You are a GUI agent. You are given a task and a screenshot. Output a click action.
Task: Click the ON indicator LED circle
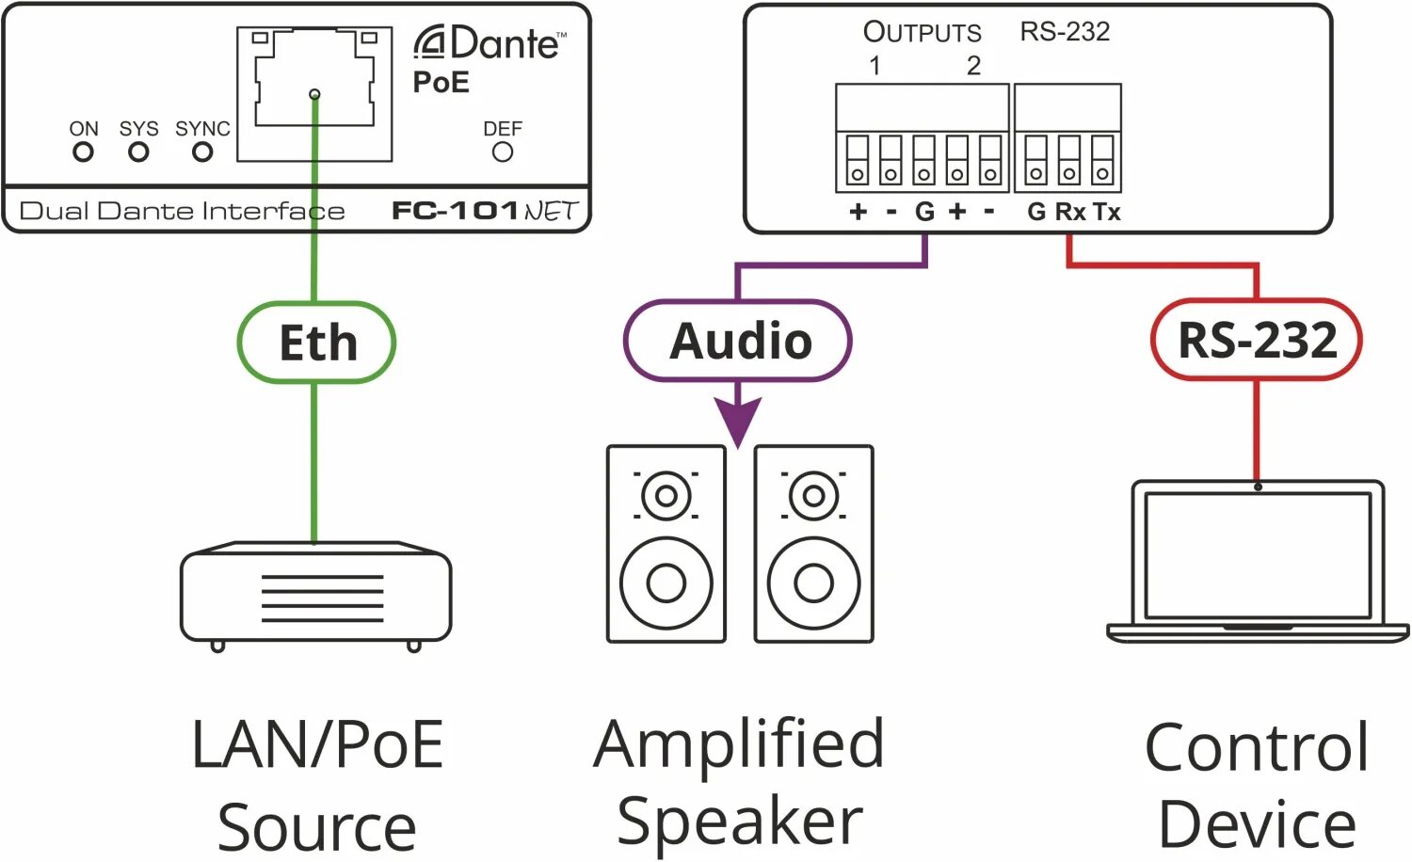tap(83, 152)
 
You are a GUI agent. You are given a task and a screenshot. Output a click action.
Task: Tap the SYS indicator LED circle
tap(138, 152)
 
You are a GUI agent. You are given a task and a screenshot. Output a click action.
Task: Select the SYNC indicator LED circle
tap(202, 152)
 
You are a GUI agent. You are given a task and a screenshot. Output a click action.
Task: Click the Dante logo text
tap(491, 43)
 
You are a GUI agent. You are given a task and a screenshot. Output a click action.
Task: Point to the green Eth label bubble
tap(316, 343)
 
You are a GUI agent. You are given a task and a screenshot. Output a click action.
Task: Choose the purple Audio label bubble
tap(738, 341)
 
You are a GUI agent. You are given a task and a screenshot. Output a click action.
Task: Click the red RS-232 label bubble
tap(1257, 339)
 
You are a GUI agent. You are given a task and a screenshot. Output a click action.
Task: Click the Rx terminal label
tap(1070, 212)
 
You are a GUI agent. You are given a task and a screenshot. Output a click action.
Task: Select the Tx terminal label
tap(1106, 212)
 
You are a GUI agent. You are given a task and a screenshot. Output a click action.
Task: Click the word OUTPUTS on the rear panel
tap(923, 32)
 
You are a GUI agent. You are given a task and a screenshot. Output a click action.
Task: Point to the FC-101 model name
tap(455, 211)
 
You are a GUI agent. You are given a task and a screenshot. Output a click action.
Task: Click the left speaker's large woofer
tap(666, 583)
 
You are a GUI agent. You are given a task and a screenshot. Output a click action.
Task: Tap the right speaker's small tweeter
tap(814, 496)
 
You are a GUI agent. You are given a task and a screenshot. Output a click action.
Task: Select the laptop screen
tap(1259, 556)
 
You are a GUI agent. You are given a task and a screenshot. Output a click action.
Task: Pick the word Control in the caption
tap(1257, 747)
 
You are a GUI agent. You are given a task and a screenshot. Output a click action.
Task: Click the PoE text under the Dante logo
tap(441, 83)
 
